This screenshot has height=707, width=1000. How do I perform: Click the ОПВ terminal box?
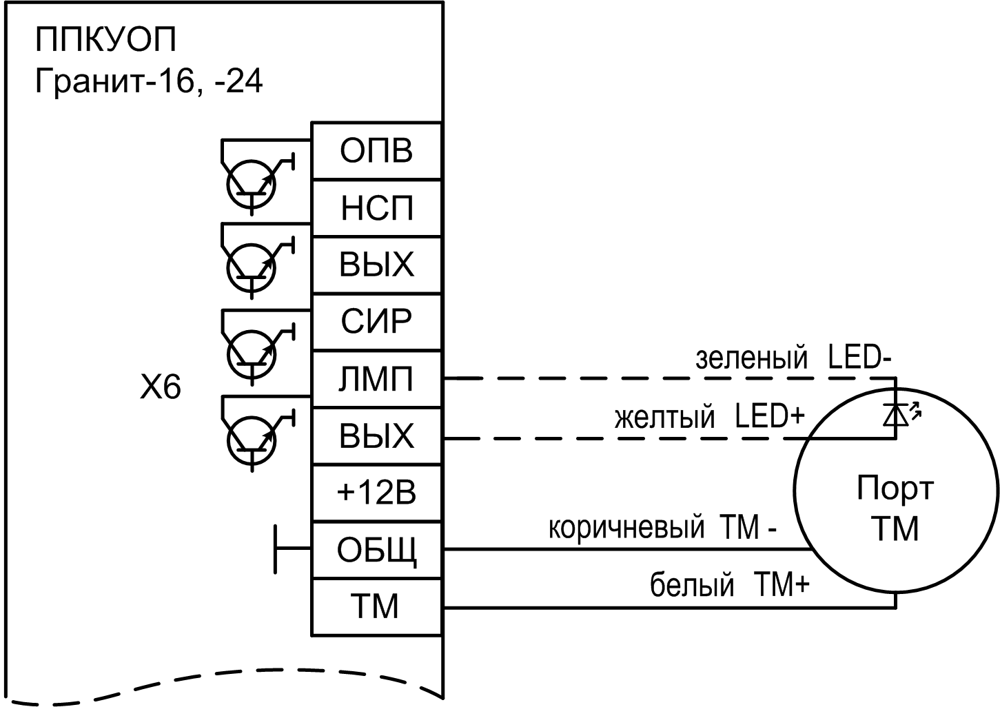[376, 151]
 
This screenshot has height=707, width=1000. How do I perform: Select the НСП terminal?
[376, 208]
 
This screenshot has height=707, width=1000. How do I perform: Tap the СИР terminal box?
[376, 322]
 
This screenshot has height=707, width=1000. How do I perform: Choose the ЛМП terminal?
[376, 379]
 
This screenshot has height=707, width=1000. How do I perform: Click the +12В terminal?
[376, 493]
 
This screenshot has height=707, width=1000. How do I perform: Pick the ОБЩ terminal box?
[376, 550]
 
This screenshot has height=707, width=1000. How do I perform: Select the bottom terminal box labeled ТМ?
[376, 607]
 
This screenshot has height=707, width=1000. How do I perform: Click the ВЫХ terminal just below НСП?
[376, 265]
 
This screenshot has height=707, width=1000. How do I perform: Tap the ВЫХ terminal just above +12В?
[376, 436]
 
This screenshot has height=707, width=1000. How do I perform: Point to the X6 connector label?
[160, 389]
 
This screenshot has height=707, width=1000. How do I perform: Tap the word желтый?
[664, 418]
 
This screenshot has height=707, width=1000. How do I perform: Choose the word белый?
[692, 586]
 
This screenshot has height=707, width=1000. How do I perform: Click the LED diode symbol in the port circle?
[897, 413]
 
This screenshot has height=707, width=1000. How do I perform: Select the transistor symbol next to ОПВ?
[250, 182]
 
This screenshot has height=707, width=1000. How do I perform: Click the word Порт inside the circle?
[895, 489]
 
